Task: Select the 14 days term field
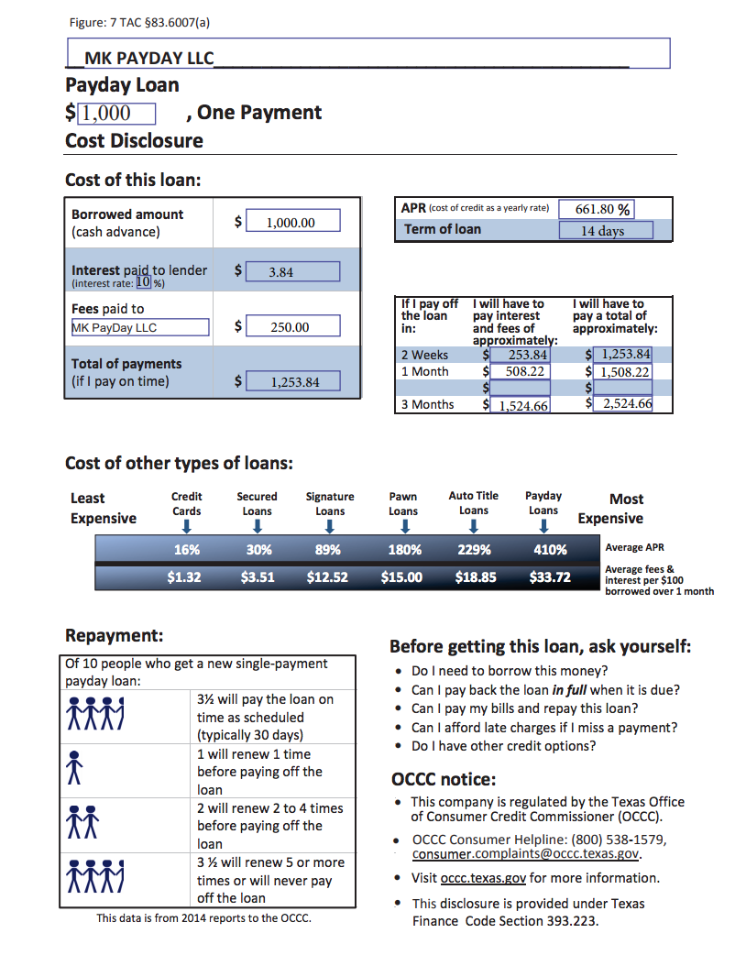606,230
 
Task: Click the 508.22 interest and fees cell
520,371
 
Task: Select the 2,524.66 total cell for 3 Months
624,404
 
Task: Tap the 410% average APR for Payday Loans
551,550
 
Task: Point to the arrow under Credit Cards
187,526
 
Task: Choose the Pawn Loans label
403,504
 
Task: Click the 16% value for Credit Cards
187,550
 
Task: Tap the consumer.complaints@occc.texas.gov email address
525,854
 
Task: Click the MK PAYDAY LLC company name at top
148,59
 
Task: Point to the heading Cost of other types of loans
179,463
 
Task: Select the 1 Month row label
425,371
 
